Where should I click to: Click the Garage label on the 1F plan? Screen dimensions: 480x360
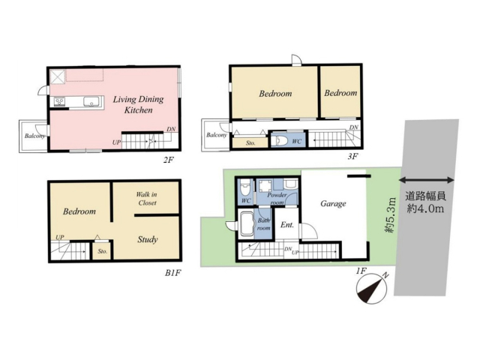tap(333, 204)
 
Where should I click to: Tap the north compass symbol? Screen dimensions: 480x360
tap(372, 287)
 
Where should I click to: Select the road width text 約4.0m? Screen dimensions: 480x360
tap(425, 208)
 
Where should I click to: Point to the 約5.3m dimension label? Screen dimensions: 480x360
tap(390, 215)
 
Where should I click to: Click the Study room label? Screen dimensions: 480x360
tap(148, 239)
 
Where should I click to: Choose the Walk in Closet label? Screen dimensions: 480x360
tap(147, 198)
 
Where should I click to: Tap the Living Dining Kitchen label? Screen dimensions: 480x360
tap(138, 104)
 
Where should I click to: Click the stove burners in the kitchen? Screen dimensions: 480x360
tap(59, 101)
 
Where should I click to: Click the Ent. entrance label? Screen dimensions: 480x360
tap(287, 225)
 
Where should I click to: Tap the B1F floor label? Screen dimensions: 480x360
tap(173, 273)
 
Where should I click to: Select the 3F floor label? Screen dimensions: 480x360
tap(352, 157)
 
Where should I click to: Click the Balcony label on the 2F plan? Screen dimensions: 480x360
tap(34, 136)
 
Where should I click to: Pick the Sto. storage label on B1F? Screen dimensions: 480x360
tap(103, 251)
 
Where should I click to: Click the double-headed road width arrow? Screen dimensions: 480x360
tap(427, 180)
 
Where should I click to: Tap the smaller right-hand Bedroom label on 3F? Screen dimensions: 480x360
tap(340, 93)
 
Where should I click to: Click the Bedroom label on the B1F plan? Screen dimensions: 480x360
tap(79, 211)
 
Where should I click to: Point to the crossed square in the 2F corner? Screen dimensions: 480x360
tap(58, 76)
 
